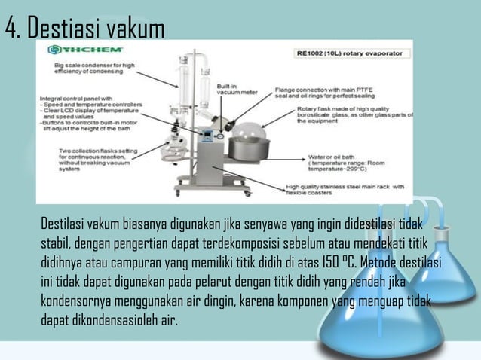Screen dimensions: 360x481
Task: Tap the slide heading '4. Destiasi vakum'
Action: pos(84,29)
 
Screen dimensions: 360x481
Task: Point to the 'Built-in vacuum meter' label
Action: pos(236,90)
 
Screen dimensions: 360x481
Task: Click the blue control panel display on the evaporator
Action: pos(209,136)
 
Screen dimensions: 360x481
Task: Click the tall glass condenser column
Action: pos(185,87)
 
